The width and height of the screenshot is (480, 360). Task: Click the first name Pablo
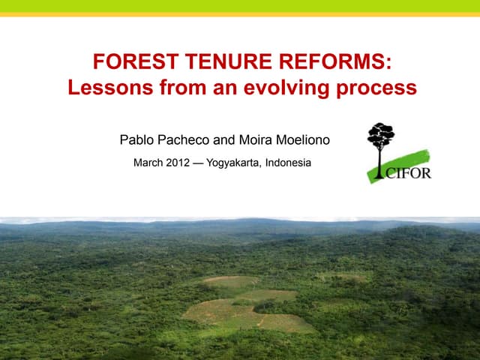pyautogui.click(x=136, y=139)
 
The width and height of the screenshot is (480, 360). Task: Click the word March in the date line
pyautogui.click(x=148, y=163)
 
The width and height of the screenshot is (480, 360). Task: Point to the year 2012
pyautogui.click(x=178, y=163)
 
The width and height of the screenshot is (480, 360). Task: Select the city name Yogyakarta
pyautogui.click(x=232, y=163)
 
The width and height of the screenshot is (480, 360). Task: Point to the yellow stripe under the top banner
pyautogui.click(x=240, y=13)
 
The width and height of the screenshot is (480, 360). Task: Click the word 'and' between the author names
pyautogui.click(x=226, y=139)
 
